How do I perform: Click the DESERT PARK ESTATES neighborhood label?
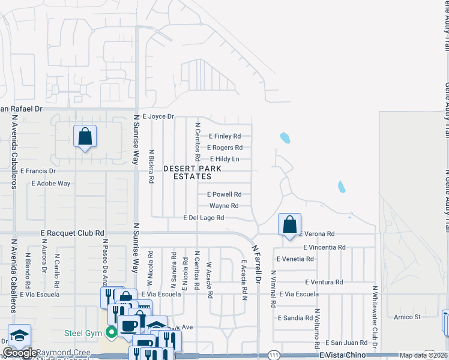[x=192, y=173]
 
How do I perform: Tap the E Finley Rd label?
[x=224, y=136]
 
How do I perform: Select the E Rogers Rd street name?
[x=224, y=148]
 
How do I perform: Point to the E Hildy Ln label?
[x=224, y=159]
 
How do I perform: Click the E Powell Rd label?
[x=224, y=194]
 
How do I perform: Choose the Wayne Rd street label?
[x=224, y=206]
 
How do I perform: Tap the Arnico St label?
[x=408, y=317]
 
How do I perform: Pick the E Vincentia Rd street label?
[x=324, y=247]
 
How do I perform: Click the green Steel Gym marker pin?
[x=110, y=332]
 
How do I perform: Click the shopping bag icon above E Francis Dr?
[x=85, y=136]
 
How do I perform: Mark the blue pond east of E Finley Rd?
[x=285, y=138]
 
